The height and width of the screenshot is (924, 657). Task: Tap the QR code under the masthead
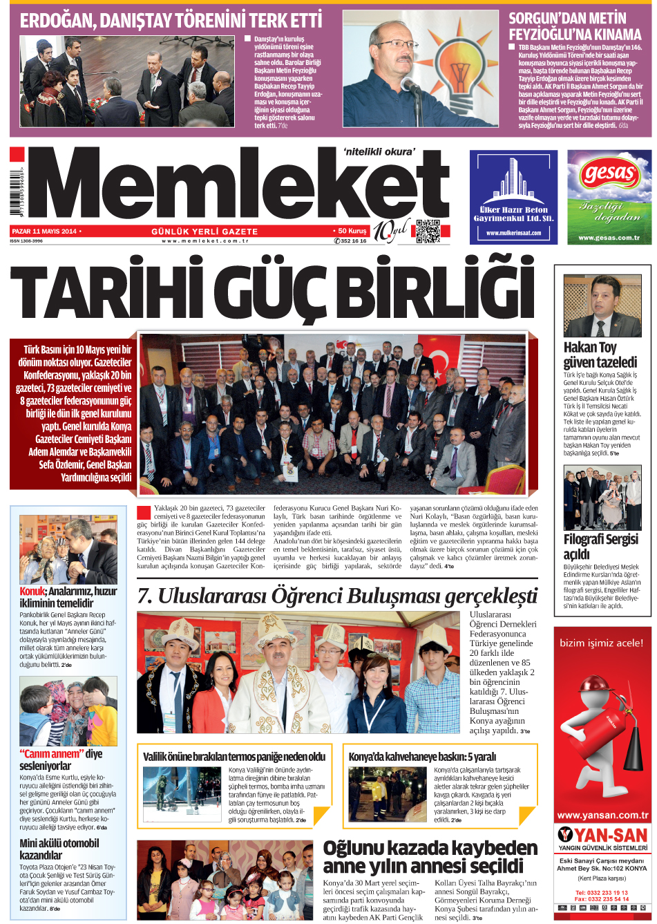(428, 232)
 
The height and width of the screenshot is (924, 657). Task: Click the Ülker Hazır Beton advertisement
(513, 197)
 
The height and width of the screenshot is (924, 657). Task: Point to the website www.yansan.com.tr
(602, 815)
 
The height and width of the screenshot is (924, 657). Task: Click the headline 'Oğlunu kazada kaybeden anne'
(430, 856)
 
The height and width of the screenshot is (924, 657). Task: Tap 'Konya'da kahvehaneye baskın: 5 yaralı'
(422, 757)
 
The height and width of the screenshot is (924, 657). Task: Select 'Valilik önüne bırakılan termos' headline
(234, 757)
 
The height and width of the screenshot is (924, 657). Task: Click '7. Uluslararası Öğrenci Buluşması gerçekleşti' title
(337, 596)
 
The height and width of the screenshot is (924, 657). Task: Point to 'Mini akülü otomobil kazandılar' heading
(59, 849)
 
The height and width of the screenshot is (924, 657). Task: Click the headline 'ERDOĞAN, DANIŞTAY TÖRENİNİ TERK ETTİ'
(171, 21)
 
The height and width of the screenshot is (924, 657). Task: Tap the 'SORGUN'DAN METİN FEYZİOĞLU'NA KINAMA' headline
(575, 26)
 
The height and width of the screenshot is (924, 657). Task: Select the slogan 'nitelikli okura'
(379, 151)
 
